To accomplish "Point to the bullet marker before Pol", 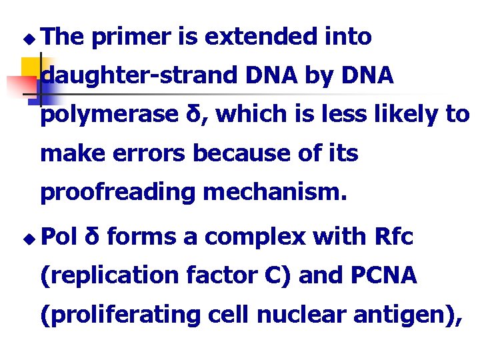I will point(27,237).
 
